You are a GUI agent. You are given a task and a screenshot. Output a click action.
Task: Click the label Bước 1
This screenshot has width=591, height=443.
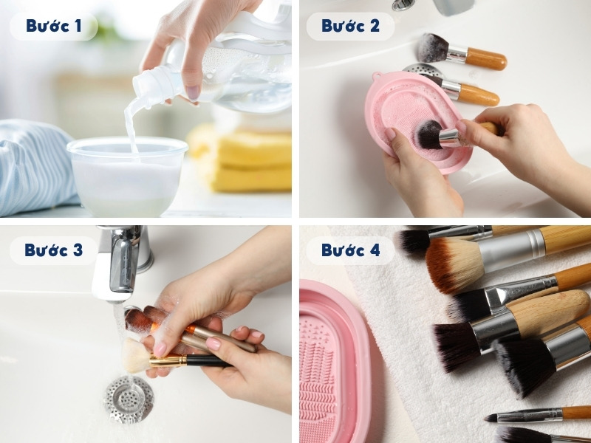pos(52,27)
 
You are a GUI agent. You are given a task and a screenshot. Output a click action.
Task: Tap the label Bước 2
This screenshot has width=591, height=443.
pos(350,27)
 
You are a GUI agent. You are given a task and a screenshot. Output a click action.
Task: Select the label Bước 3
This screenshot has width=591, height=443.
pos(52,250)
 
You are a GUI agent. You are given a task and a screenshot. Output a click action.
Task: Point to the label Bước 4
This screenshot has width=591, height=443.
pos(350,250)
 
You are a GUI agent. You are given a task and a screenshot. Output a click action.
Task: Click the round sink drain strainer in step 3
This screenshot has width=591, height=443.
pos(129,399)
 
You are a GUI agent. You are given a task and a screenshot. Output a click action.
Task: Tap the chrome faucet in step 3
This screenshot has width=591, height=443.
pos(122,262)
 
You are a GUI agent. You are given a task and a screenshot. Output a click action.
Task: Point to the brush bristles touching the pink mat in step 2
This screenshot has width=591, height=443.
pos(428,133)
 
